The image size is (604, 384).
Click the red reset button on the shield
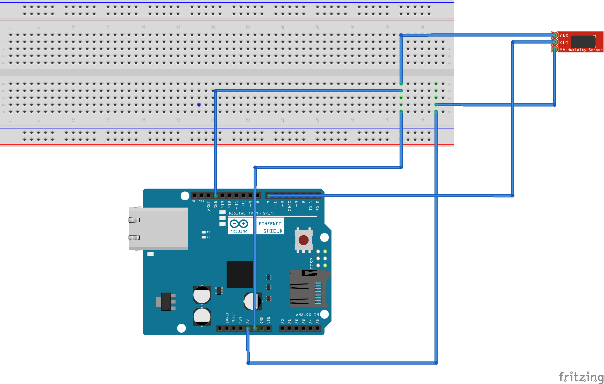click(304, 240)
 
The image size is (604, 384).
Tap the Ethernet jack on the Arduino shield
click(158, 229)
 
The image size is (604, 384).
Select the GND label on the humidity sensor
click(564, 36)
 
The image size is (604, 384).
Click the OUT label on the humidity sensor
click(564, 43)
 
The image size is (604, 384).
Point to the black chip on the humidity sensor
click(583, 41)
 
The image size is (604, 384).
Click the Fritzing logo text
click(581, 377)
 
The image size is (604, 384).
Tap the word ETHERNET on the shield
click(270, 224)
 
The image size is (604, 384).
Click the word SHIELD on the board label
click(273, 231)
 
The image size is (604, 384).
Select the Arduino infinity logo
click(239, 224)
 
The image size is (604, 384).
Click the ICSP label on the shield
click(312, 264)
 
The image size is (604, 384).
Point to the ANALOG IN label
click(307, 315)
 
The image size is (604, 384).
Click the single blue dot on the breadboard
click(199, 105)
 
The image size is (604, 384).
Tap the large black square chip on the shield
click(240, 274)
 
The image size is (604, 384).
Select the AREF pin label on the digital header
click(209, 206)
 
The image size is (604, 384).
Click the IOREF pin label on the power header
click(227, 317)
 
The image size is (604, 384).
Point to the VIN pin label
click(269, 320)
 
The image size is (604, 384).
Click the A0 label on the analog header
click(283, 321)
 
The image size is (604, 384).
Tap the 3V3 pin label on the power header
click(241, 320)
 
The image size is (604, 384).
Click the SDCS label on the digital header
click(290, 206)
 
